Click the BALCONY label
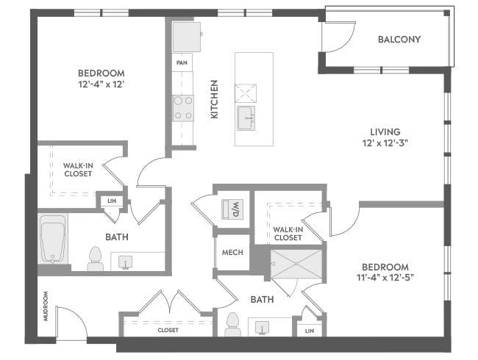point(399,40)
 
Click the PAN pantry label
point(182,63)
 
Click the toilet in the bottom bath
point(232,325)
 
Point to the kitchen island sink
point(246,116)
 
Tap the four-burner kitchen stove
point(182,108)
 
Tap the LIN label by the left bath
point(111,201)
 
